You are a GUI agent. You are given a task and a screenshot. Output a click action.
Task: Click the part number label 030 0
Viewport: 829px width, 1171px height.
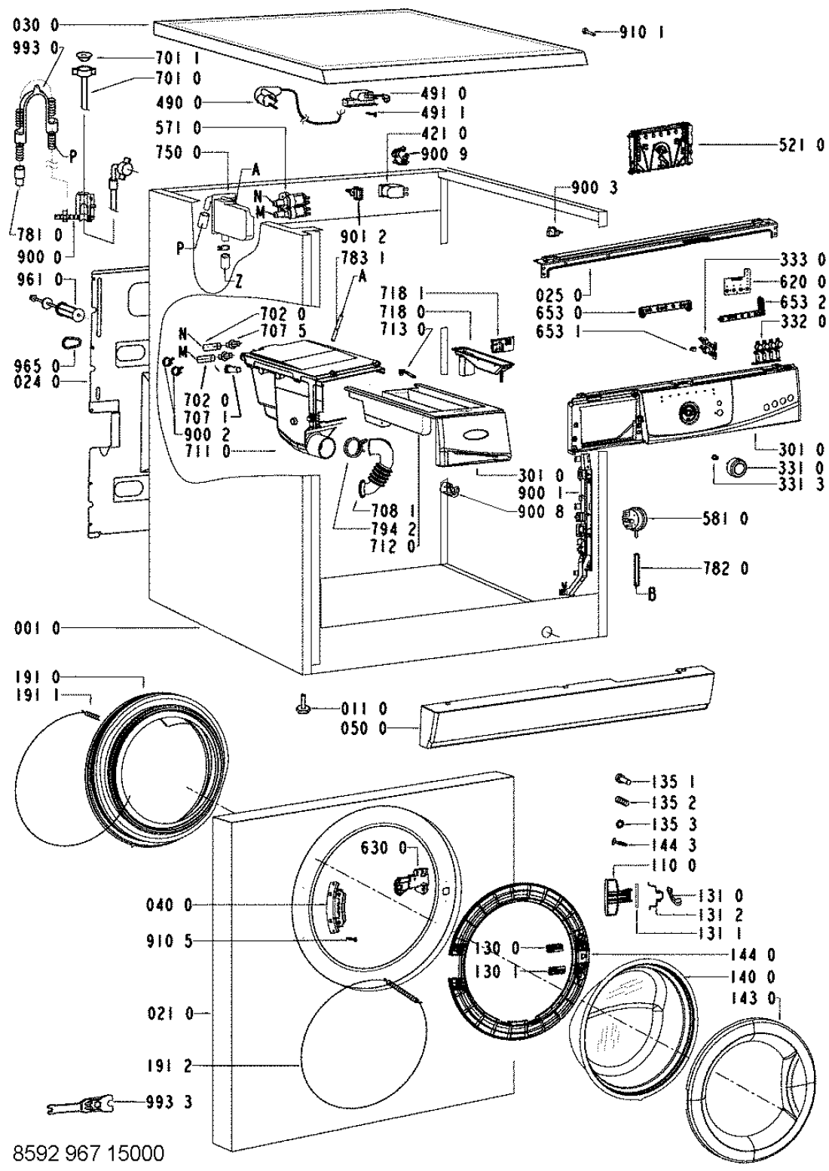click(x=36, y=25)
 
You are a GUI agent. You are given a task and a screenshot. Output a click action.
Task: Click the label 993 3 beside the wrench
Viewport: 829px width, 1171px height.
click(x=168, y=1103)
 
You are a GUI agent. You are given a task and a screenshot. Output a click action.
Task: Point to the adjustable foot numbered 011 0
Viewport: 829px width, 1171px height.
click(x=302, y=708)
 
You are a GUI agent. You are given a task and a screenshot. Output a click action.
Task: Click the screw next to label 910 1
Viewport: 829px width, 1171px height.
click(x=590, y=32)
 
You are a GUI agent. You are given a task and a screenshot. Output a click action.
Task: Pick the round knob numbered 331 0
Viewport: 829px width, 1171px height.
click(x=735, y=469)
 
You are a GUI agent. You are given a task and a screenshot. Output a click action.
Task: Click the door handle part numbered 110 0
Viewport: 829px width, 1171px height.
click(x=616, y=897)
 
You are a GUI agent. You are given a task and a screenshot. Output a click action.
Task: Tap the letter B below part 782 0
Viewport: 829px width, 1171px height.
click(x=653, y=595)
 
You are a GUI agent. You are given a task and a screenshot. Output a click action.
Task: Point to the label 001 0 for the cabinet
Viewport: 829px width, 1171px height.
click(x=36, y=627)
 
